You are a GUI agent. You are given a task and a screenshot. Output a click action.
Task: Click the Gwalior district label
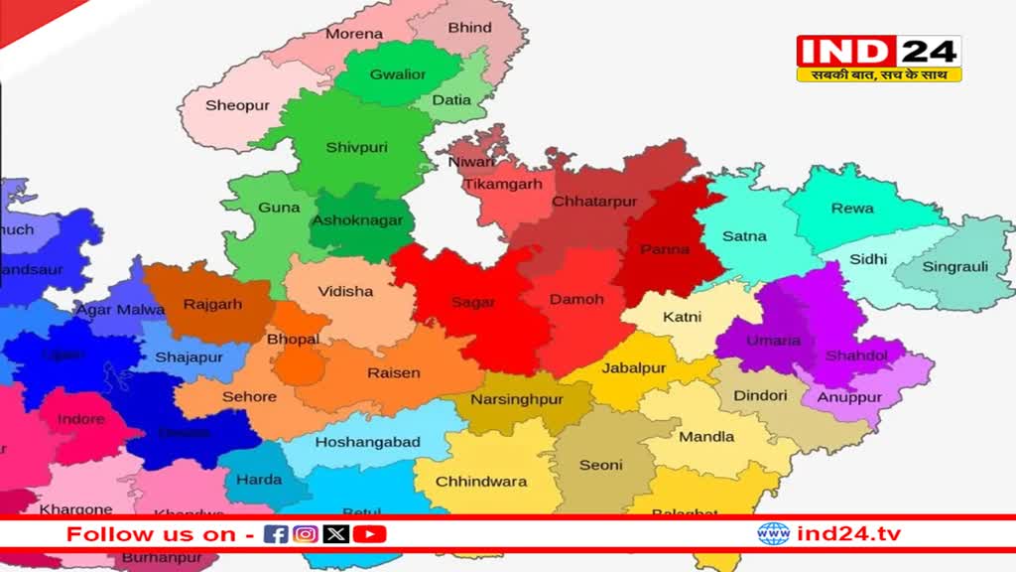click(x=398, y=74)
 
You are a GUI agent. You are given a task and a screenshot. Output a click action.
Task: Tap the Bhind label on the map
click(x=469, y=28)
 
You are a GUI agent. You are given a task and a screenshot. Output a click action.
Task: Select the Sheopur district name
click(x=237, y=105)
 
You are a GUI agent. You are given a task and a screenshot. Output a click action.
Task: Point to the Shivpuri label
click(x=356, y=148)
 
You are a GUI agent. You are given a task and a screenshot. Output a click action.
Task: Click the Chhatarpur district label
click(x=594, y=202)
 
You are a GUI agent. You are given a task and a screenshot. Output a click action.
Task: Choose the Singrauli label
click(x=954, y=266)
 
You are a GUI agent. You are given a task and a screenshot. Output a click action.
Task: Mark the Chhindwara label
click(x=482, y=482)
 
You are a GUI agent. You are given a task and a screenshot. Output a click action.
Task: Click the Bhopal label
click(x=293, y=340)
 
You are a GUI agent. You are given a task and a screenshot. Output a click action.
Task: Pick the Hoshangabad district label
click(x=367, y=442)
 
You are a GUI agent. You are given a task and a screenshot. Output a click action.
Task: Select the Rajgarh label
click(x=212, y=305)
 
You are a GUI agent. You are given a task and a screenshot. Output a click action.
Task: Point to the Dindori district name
click(x=760, y=395)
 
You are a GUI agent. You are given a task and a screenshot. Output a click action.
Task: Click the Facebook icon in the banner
click(x=277, y=534)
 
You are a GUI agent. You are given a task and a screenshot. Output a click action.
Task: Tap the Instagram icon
click(x=306, y=534)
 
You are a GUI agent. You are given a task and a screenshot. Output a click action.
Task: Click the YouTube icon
click(x=369, y=534)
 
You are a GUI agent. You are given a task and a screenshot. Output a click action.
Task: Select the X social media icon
click(x=336, y=534)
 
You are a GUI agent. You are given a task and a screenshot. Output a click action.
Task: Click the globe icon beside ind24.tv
click(x=773, y=534)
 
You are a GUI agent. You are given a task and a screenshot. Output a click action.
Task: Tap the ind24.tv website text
click(x=848, y=534)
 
